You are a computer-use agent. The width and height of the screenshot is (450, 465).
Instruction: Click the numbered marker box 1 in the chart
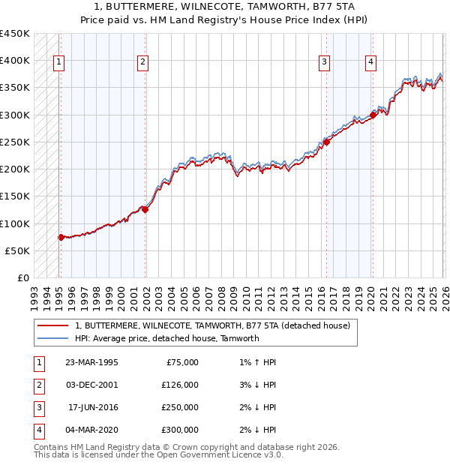point(59,63)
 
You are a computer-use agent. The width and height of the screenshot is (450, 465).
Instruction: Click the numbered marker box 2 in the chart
point(142,63)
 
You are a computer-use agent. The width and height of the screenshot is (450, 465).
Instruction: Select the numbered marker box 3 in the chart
point(324,63)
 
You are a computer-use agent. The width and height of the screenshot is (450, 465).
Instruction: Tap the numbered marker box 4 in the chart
point(370,63)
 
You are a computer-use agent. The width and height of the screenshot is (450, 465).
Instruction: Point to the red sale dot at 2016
point(327,142)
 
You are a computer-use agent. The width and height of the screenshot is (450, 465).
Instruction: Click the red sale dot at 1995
point(61,237)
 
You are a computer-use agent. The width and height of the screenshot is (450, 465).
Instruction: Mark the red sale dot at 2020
point(373,115)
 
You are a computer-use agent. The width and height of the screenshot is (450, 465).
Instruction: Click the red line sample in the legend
point(52,326)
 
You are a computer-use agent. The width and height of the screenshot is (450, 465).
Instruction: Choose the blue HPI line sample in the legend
point(52,338)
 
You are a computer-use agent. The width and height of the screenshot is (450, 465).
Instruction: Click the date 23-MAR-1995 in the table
point(91,362)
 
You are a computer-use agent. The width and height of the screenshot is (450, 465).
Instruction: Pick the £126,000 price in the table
point(180,385)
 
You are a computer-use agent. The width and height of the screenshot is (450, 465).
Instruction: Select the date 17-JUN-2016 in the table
point(93,407)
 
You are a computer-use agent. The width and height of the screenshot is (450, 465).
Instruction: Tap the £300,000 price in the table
point(180,430)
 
